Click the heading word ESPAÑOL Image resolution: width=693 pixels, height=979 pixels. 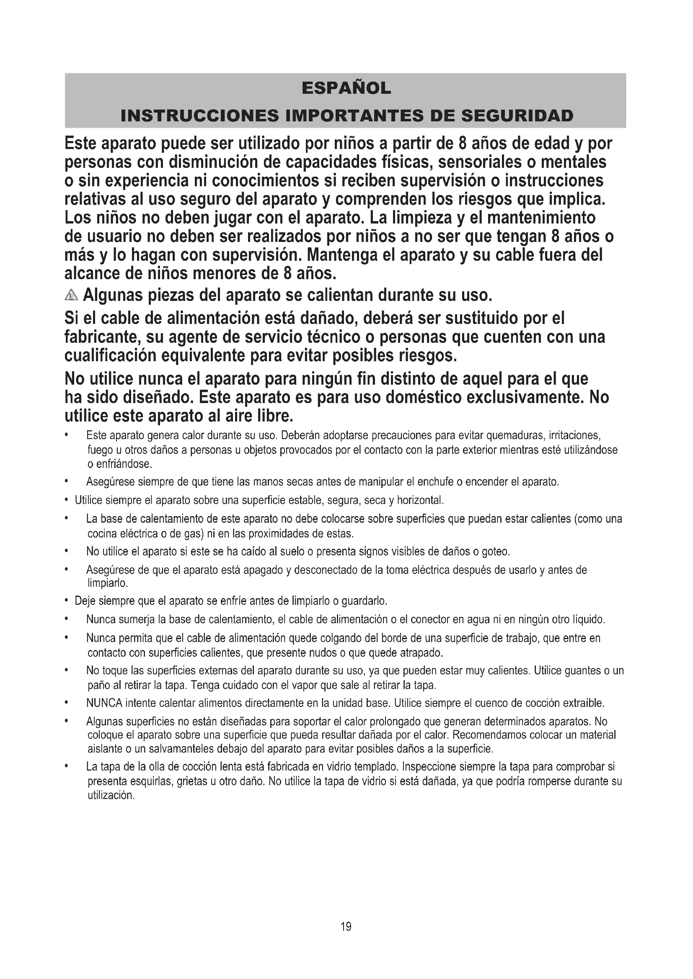click(x=346, y=88)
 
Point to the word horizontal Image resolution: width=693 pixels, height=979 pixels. click(x=420, y=500)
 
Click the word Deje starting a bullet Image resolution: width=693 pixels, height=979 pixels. click(x=85, y=601)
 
